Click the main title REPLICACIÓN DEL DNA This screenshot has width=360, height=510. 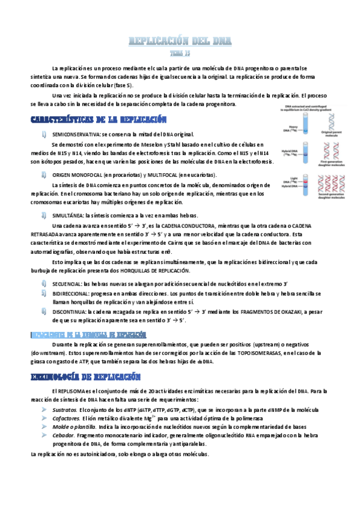pos(180,41)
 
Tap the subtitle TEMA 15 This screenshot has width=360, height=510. pos(180,52)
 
